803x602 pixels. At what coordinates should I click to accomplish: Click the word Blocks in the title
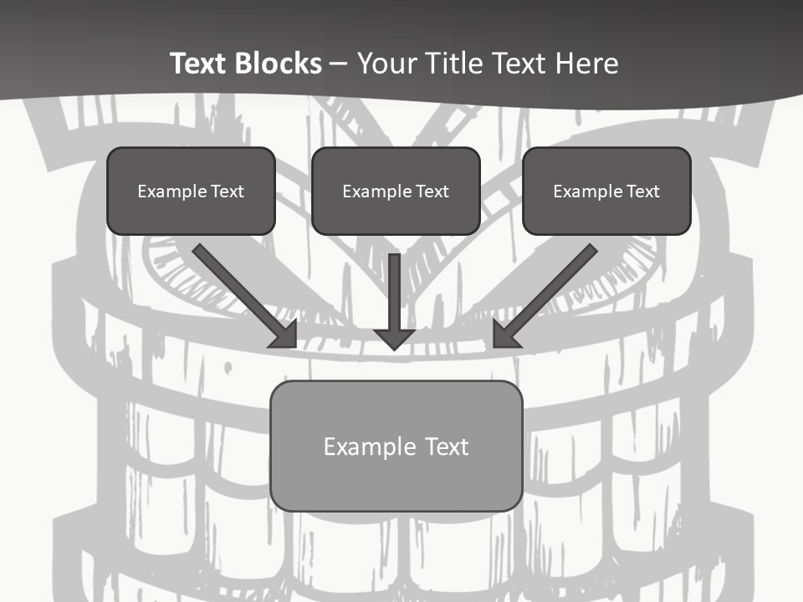pyautogui.click(x=278, y=64)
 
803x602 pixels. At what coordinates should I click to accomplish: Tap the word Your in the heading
pyautogui.click(x=386, y=64)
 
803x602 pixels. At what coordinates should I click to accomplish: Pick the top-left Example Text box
pyautogui.click(x=191, y=191)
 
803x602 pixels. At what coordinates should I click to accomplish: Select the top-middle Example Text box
pyautogui.click(x=396, y=191)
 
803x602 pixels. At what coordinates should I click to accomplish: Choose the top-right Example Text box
pyautogui.click(x=606, y=191)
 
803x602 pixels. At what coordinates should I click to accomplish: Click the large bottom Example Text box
pyautogui.click(x=396, y=446)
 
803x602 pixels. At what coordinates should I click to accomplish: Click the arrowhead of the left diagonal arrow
pyautogui.click(x=285, y=335)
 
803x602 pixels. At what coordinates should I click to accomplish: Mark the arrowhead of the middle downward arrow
pyautogui.click(x=395, y=338)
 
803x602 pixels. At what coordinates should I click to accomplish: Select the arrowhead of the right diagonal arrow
pyautogui.click(x=505, y=335)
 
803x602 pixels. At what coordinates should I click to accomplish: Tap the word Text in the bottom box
pyautogui.click(x=446, y=446)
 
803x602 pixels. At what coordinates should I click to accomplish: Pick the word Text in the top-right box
pyautogui.click(x=642, y=191)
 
